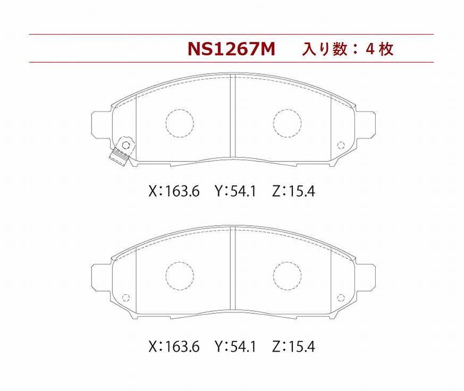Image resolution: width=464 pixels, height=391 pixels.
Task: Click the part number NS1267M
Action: point(231,49)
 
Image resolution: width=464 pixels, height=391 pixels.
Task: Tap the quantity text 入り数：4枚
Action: point(348,49)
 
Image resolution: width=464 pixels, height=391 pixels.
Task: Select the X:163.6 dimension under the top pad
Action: point(174,191)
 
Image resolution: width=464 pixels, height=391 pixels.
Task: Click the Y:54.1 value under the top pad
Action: point(235,191)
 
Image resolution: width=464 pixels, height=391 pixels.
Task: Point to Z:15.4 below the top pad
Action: point(293,191)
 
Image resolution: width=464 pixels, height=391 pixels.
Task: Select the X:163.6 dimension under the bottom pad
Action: point(174,346)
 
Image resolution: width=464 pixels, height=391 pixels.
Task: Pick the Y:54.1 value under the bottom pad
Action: point(235,346)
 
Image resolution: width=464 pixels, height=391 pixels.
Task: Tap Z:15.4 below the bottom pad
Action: point(293,346)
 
